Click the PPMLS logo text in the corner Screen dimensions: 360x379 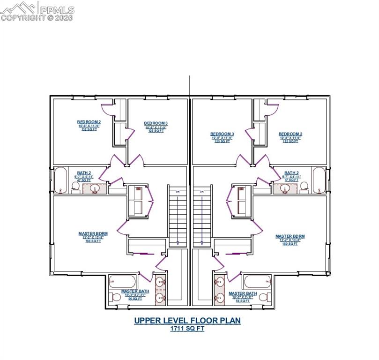(x=56, y=8)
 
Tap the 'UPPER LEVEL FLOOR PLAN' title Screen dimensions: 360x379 (x=187, y=321)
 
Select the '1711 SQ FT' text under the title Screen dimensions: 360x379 (x=187, y=329)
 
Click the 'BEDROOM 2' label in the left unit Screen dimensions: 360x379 (x=89, y=122)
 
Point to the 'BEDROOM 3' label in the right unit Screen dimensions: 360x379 (x=222, y=134)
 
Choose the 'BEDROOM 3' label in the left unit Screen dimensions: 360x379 (x=156, y=124)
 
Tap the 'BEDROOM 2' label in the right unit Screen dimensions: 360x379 (x=290, y=134)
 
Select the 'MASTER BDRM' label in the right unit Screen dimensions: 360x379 (x=290, y=236)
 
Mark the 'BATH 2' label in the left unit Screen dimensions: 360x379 (x=84, y=173)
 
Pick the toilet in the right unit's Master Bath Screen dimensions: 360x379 (x=264, y=297)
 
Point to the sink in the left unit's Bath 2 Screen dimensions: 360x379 (x=95, y=188)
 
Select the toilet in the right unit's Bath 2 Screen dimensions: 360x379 (x=304, y=187)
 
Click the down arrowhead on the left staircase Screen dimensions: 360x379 (x=177, y=243)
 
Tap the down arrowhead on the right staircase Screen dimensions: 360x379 (x=202, y=243)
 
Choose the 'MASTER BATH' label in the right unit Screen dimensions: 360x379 (x=241, y=293)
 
